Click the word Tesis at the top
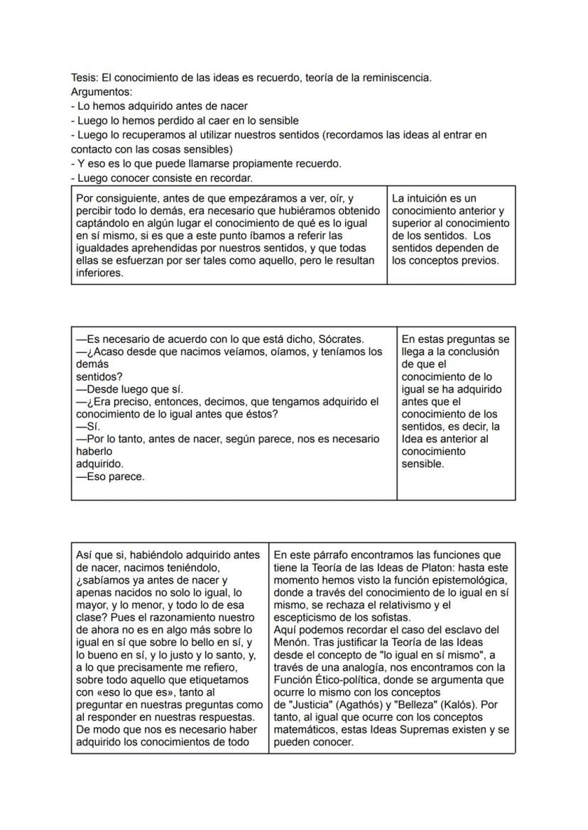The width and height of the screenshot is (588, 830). coord(85,77)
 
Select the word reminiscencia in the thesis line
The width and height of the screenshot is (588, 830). coord(396,77)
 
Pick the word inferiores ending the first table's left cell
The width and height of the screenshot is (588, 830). coord(99,273)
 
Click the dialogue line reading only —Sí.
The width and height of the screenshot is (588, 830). coord(88,427)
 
